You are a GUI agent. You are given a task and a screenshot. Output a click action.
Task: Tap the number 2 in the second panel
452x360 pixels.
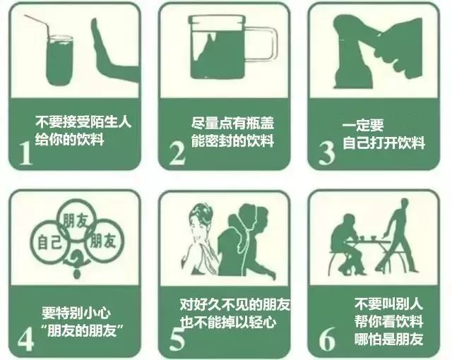[x=177, y=152]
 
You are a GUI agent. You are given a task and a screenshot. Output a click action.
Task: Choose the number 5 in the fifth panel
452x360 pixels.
[x=177, y=338]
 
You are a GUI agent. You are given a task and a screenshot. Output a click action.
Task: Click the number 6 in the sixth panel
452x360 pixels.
[x=326, y=338]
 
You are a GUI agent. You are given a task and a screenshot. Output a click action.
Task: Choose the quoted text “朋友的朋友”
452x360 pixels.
[x=80, y=330]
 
